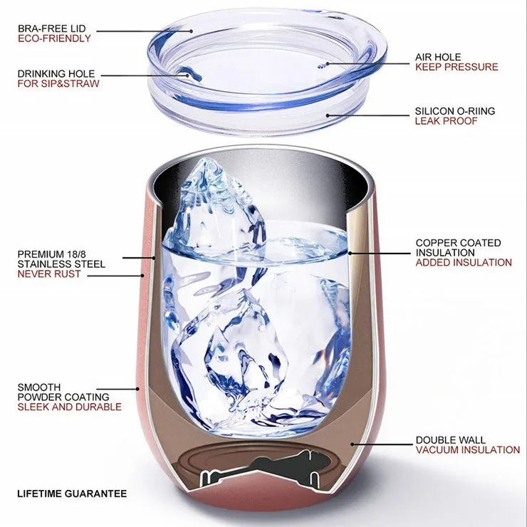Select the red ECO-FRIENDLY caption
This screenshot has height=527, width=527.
tap(54, 38)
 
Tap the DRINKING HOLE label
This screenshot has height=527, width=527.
tap(56, 74)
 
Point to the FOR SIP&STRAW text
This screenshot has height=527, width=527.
tap(58, 84)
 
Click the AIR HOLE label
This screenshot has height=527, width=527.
tap(438, 57)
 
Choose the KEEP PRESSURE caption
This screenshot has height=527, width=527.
tap(456, 67)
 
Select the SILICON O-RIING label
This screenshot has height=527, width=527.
tap(455, 111)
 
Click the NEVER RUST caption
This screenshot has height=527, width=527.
tap(49, 274)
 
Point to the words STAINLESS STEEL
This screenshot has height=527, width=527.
tap(61, 264)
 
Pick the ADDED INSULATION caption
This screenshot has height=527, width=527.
tap(464, 263)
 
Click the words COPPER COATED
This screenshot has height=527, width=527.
tap(458, 243)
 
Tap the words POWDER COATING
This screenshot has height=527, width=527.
tap(63, 397)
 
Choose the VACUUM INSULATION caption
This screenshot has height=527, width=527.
tap(468, 450)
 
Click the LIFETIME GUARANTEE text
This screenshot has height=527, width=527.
tap(72, 494)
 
